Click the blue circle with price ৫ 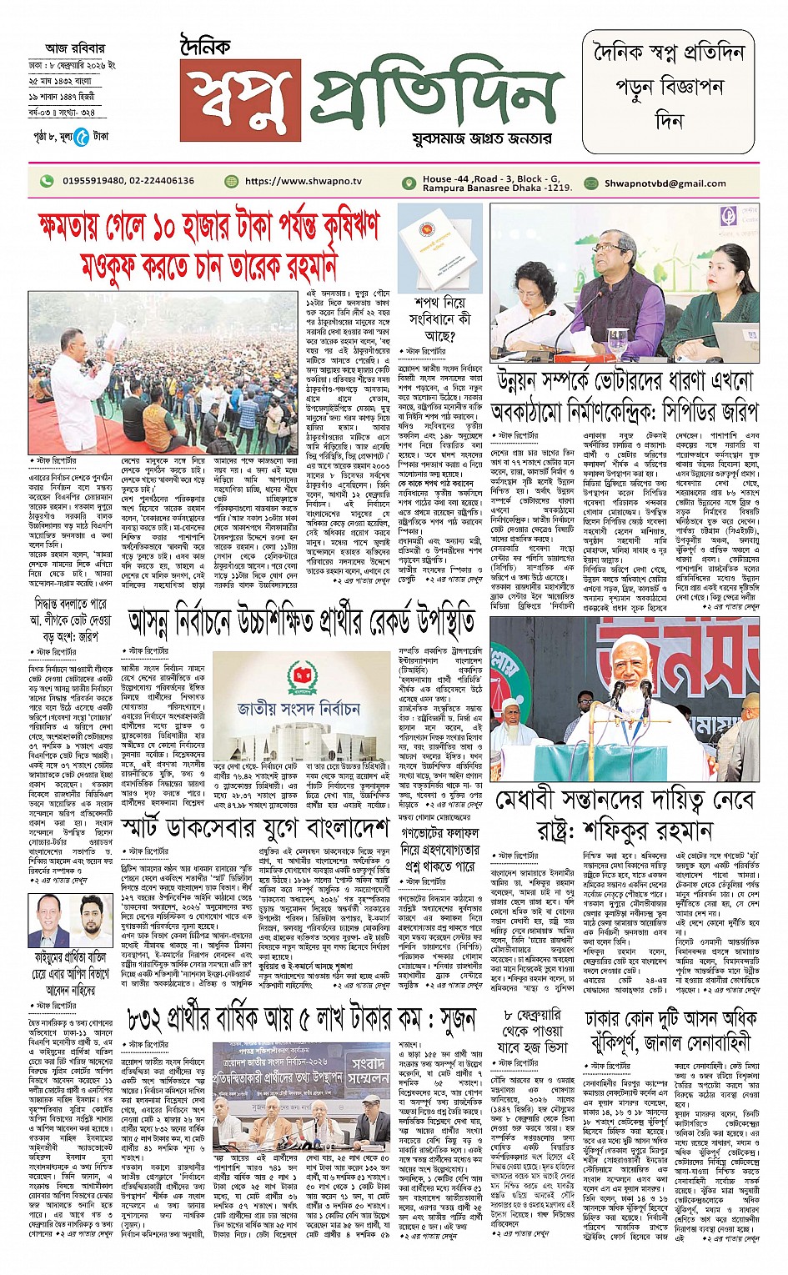click(x=81, y=137)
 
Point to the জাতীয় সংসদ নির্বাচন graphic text click(x=298, y=710)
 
